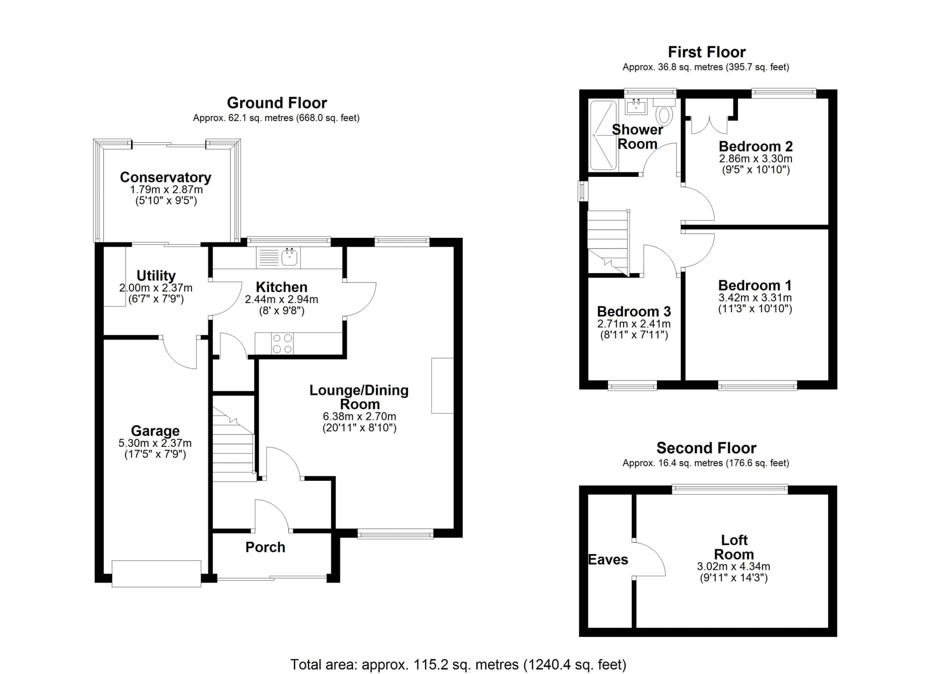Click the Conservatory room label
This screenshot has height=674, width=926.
(165, 177)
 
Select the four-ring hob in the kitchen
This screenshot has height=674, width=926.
(282, 344)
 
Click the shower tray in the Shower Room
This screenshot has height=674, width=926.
(603, 135)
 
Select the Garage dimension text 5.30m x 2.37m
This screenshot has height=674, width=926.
(155, 443)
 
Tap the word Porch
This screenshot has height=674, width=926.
(266, 547)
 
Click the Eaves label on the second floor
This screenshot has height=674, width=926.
(608, 559)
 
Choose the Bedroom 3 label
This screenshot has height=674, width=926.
(634, 311)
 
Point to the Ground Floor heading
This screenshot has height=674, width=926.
(277, 102)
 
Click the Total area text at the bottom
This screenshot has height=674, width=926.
(458, 665)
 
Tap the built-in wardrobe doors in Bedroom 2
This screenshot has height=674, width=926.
(709, 125)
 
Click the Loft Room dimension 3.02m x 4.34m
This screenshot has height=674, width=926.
(734, 566)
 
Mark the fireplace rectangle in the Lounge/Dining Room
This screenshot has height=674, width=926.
(443, 386)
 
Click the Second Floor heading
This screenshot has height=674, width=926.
(706, 448)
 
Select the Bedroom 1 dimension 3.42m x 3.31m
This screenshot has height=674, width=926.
(755, 298)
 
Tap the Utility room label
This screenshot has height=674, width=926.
(156, 276)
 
